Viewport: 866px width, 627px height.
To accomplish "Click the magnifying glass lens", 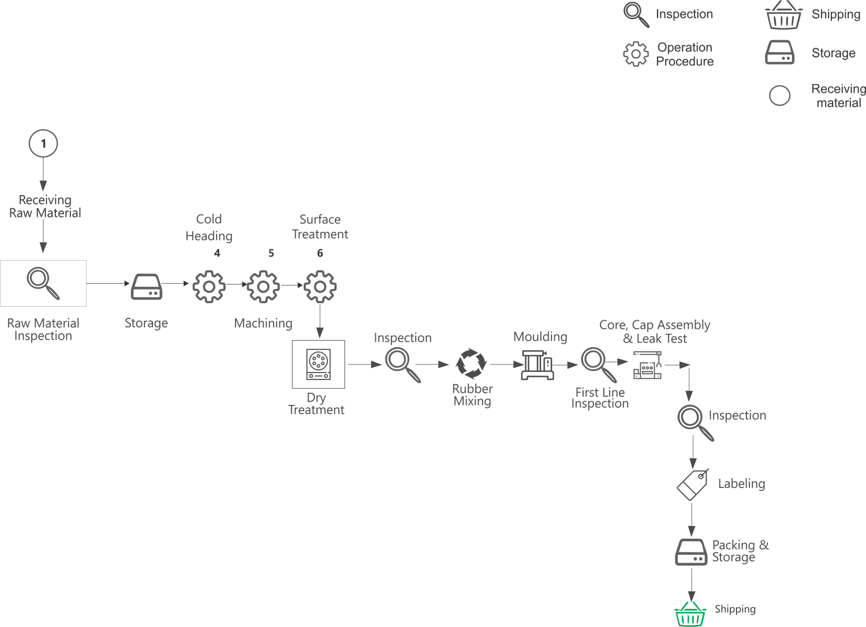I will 689,417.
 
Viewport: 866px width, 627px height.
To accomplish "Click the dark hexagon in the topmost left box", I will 43,142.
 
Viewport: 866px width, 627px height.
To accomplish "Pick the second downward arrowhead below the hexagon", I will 43,246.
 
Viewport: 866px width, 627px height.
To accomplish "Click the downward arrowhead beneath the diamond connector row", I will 319,332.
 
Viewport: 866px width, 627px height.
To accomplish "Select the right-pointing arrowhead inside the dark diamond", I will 622,362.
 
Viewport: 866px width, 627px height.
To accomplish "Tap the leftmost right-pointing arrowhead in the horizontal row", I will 376,365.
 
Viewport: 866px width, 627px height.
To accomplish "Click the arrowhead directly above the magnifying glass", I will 689,395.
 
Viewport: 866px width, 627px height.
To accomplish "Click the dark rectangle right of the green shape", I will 740,600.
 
